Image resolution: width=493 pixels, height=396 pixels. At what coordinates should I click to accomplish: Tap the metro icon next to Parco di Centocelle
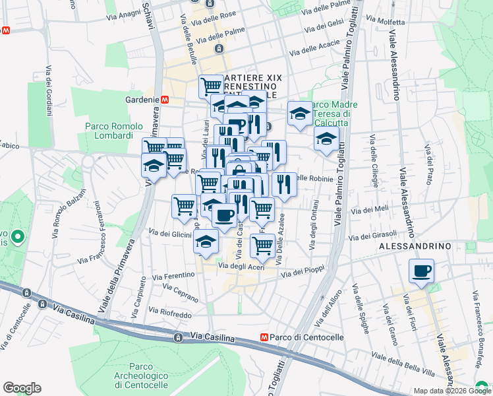[x=264, y=337]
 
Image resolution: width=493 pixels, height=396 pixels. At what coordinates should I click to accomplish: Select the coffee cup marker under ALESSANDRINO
[x=421, y=271]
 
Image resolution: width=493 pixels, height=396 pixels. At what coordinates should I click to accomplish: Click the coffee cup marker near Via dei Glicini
[x=225, y=215]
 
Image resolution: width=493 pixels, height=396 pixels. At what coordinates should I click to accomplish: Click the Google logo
[x=22, y=388]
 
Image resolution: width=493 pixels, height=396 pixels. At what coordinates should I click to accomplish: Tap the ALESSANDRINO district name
[x=415, y=246]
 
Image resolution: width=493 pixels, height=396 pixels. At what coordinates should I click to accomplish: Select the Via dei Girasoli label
[x=374, y=234]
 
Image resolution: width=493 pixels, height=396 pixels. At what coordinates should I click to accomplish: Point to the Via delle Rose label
[x=214, y=13]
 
